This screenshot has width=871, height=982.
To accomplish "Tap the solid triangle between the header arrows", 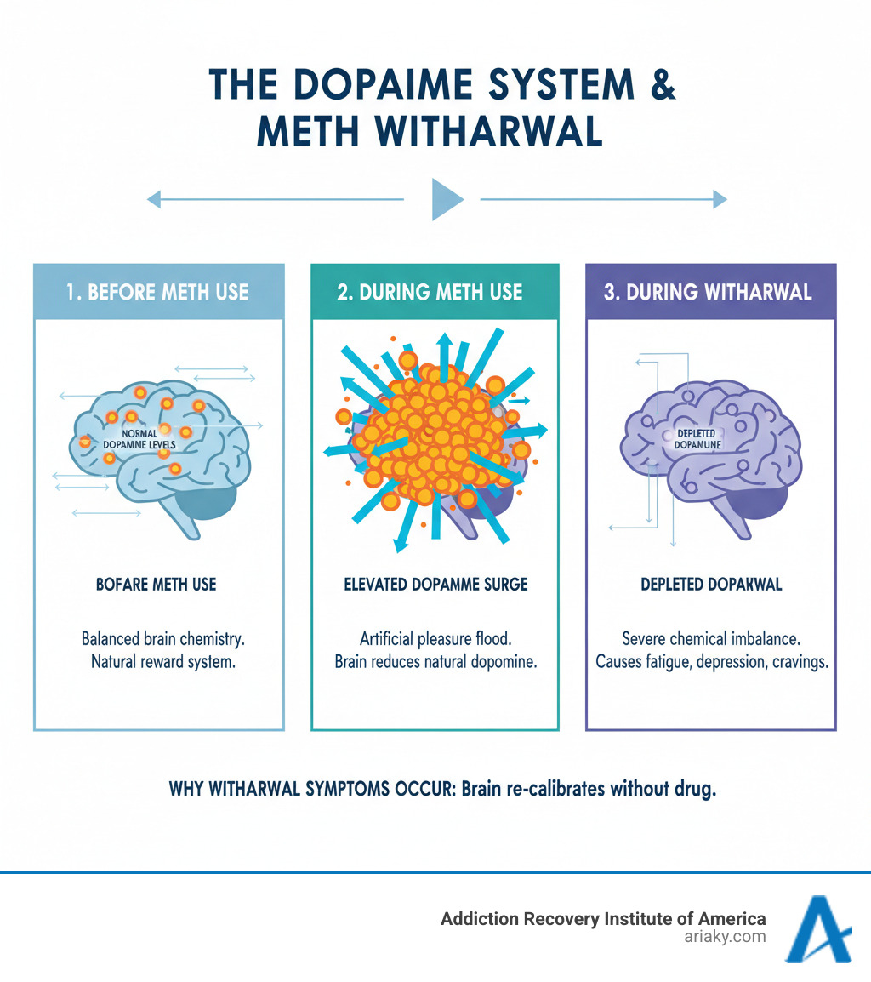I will tap(447, 199).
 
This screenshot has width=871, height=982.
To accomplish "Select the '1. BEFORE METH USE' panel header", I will tap(157, 292).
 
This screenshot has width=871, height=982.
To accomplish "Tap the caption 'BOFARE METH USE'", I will tap(157, 585).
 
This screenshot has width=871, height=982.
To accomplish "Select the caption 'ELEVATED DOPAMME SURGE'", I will tap(435, 585).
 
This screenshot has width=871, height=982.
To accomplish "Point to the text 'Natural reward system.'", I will tap(162, 660).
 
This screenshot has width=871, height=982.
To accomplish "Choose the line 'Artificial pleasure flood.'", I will tap(435, 638).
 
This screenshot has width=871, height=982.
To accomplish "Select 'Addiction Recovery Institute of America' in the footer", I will tap(591, 919).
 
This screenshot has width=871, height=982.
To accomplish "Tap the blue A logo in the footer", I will tap(817, 929).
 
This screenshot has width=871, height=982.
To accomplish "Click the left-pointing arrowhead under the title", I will tap(154, 200).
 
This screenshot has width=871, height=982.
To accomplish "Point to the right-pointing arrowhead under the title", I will tap(720, 200).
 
